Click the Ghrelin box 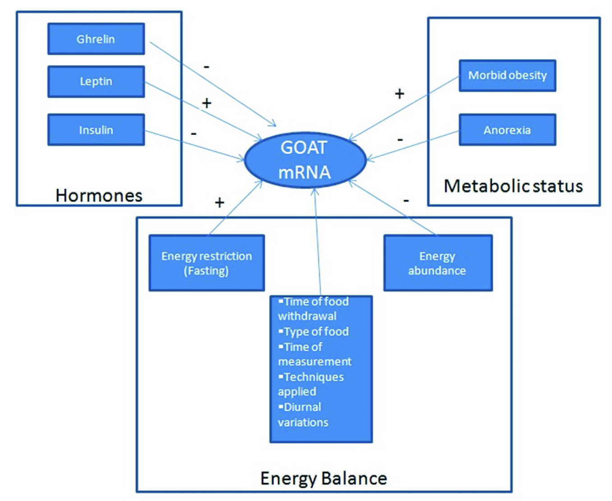pos(96,39)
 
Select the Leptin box pos(96,82)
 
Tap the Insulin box pos(96,130)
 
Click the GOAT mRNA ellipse pos(305,160)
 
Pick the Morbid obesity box pos(507,75)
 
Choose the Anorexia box pos(507,130)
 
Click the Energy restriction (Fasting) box pos(207,263)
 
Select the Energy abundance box pos(437,263)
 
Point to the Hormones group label pos(99,195)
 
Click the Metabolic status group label pos(513,186)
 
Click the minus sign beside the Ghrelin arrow pos(207,67)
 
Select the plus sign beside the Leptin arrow pos(207,103)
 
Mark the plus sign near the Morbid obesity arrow pos(400,94)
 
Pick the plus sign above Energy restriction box pos(220,202)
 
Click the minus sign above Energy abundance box pos(406,200)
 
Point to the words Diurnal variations pos(302,414)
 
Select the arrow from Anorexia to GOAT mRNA pos(413,145)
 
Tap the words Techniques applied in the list pos(310,384)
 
